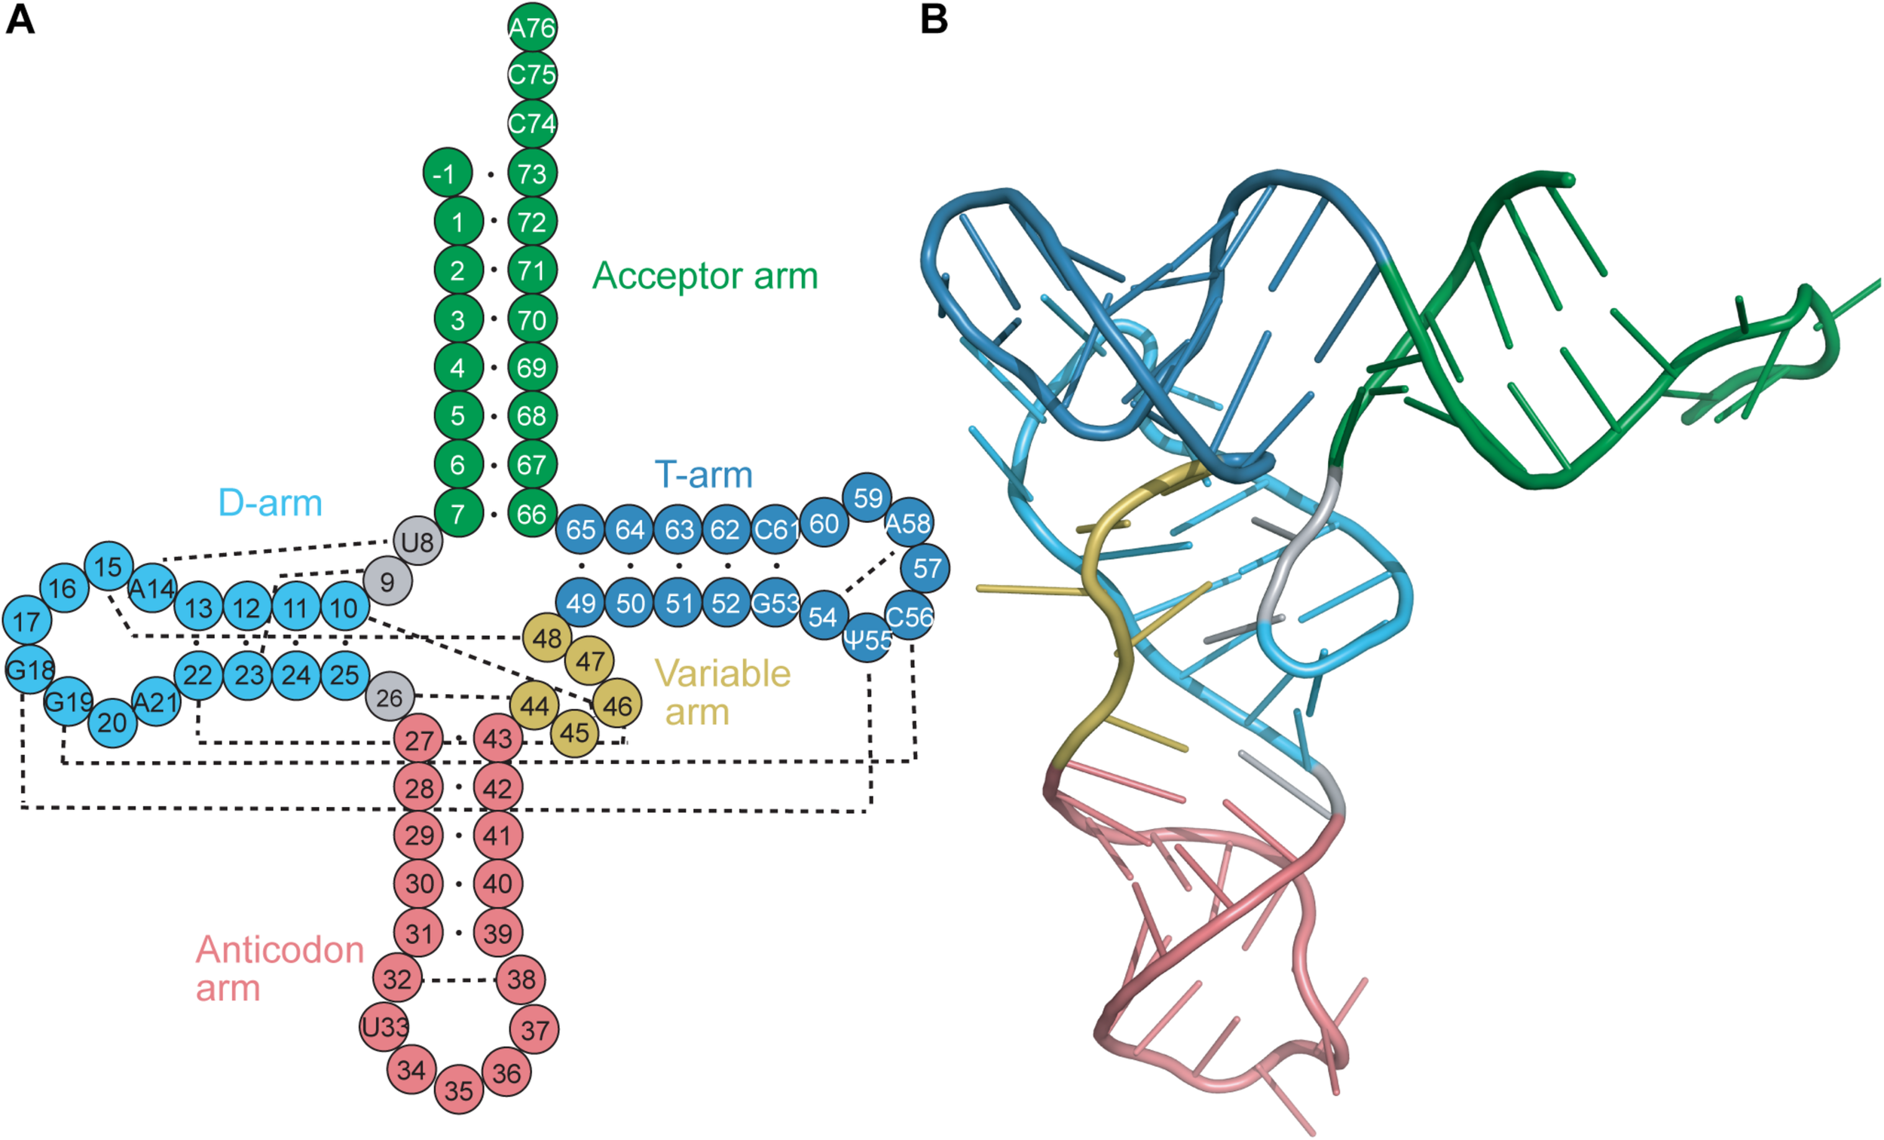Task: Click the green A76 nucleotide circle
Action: pyautogui.click(x=532, y=28)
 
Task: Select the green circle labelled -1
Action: pyautogui.click(x=447, y=173)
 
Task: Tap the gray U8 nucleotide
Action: pyautogui.click(x=417, y=541)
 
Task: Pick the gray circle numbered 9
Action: pyautogui.click(x=387, y=581)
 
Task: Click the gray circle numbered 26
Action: pyautogui.click(x=389, y=696)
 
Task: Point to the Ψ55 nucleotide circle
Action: pyautogui.click(x=868, y=638)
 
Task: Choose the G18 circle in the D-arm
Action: pyautogui.click(x=29, y=671)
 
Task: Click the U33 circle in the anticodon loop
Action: pyautogui.click(x=384, y=1026)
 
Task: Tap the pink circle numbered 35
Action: pyautogui.click(x=459, y=1090)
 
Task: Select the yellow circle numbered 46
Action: pyautogui.click(x=617, y=704)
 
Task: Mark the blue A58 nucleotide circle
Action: pyautogui.click(x=908, y=523)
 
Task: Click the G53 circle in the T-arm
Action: pyautogui.click(x=775, y=604)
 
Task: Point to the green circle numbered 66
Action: pyautogui.click(x=532, y=513)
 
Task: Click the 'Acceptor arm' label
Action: pyautogui.click(x=704, y=275)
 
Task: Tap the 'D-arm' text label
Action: pyautogui.click(x=270, y=503)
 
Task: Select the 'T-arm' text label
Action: pyautogui.click(x=703, y=474)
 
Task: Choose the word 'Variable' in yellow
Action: pyautogui.click(x=723, y=674)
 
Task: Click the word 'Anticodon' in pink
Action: pyautogui.click(x=280, y=949)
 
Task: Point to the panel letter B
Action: pyautogui.click(x=934, y=19)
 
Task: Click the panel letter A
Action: pyautogui.click(x=20, y=19)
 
